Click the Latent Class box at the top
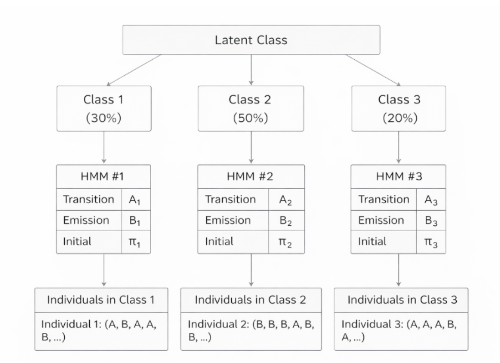click(251, 40)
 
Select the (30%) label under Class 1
click(103, 118)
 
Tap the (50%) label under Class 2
click(251, 118)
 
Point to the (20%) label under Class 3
click(399, 118)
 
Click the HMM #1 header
click(103, 177)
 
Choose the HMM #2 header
click(251, 177)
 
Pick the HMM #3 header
click(399, 177)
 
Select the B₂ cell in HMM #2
click(285, 221)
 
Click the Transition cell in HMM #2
click(230, 200)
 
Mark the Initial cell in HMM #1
click(77, 242)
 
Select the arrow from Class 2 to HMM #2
click(251, 148)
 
